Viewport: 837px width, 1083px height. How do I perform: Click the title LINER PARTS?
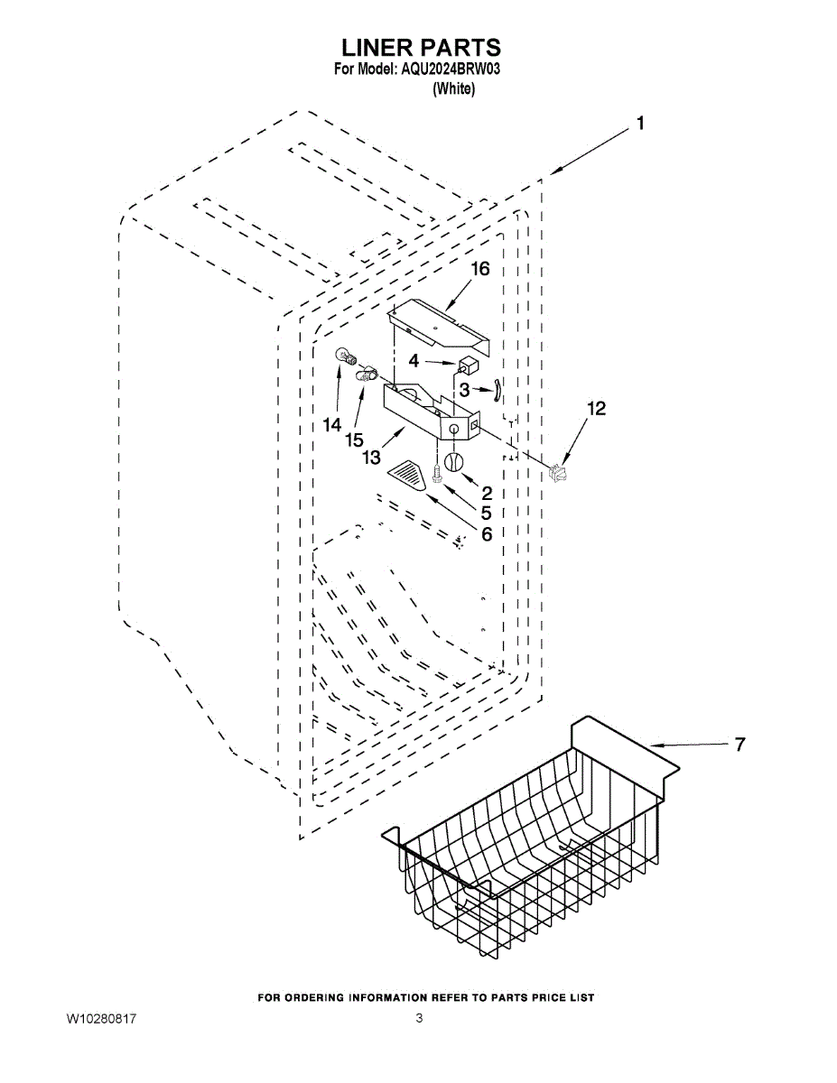pyautogui.click(x=420, y=47)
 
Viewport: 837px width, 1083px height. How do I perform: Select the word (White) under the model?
pyautogui.click(x=453, y=88)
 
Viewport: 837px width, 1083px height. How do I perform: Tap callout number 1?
pyautogui.click(x=640, y=125)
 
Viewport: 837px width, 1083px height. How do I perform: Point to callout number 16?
pyautogui.click(x=479, y=269)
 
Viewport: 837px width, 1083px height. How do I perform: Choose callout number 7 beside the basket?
pyautogui.click(x=739, y=745)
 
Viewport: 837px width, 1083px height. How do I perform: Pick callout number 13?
pyautogui.click(x=372, y=458)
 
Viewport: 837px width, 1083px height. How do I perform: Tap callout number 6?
pyautogui.click(x=486, y=534)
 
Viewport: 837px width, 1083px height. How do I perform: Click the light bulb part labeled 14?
pyautogui.click(x=345, y=358)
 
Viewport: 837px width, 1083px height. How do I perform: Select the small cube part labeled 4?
pyautogui.click(x=468, y=365)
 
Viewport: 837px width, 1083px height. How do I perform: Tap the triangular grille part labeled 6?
pyautogui.click(x=408, y=474)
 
